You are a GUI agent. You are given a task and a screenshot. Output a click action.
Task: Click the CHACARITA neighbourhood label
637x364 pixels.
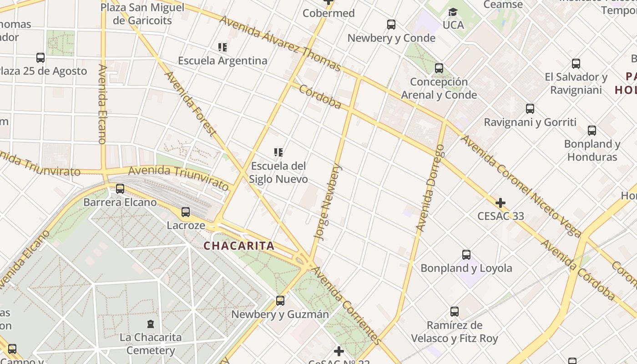(x=239, y=246)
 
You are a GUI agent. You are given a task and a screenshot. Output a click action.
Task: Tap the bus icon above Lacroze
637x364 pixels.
(x=186, y=212)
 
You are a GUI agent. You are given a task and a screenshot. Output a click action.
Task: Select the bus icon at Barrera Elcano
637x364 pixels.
(x=120, y=189)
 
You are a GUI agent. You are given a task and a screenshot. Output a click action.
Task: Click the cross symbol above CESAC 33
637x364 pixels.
(x=500, y=202)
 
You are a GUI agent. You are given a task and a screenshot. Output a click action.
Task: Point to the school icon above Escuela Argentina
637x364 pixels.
(x=222, y=47)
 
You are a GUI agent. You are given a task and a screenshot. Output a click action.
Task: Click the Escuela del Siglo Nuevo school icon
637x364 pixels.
(x=278, y=152)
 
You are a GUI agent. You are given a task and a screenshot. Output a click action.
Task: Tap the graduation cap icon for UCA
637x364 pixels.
(x=453, y=12)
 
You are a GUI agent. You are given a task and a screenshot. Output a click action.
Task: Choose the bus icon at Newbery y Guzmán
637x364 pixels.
(x=280, y=301)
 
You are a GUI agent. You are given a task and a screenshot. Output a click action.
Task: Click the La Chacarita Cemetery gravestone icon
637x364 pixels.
(x=151, y=324)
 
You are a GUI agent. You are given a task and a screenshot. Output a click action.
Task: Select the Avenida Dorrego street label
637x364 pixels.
(x=430, y=187)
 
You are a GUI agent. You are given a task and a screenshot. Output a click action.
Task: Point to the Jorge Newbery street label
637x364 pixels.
(x=328, y=202)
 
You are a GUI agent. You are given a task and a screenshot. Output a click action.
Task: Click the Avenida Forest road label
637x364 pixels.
(x=189, y=103)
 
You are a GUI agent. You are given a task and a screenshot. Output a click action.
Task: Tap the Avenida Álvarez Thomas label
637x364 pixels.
(x=280, y=44)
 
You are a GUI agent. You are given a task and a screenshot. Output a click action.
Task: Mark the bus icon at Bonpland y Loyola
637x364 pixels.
(x=466, y=255)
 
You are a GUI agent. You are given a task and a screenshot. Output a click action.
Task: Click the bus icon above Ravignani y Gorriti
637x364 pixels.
(x=530, y=109)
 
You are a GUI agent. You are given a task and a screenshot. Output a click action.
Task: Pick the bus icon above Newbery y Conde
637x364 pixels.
(x=391, y=25)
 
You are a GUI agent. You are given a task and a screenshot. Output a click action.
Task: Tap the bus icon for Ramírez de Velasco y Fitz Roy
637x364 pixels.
(x=455, y=312)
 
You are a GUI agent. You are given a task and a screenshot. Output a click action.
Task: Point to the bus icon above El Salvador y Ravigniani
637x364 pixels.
(x=576, y=64)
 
